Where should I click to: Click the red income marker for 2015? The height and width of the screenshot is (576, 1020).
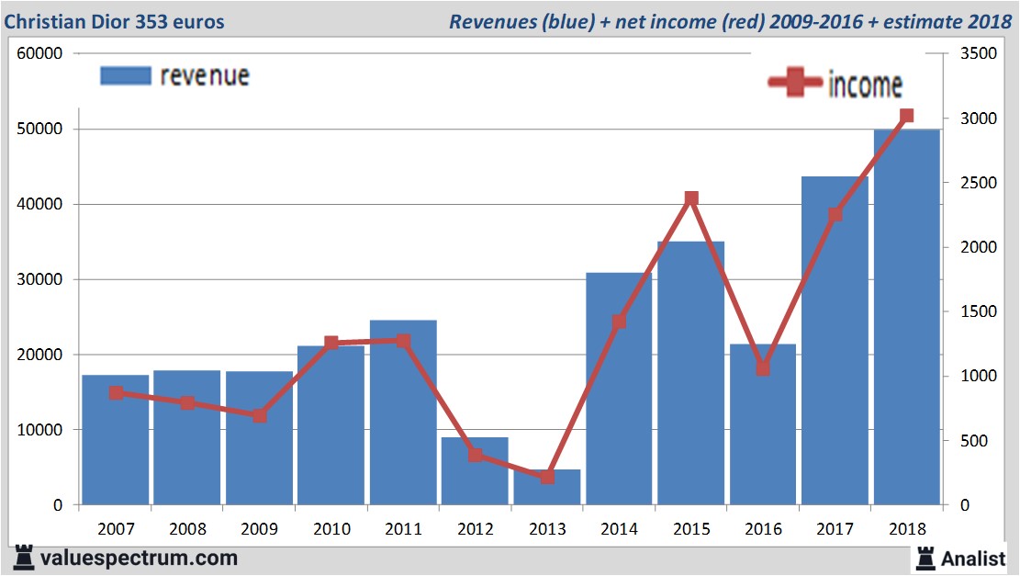pos(691,198)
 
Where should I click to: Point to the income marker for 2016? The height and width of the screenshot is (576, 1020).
pos(763,368)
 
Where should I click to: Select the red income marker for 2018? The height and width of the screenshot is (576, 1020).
pos(906,116)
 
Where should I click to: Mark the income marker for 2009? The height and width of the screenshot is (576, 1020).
pos(260,415)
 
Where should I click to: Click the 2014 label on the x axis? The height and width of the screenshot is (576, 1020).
pos(620,529)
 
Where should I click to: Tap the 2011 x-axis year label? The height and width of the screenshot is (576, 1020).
pos(403,529)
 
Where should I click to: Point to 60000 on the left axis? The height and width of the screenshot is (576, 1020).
pos(39,53)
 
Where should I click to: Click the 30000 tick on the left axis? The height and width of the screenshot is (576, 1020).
pos(39,279)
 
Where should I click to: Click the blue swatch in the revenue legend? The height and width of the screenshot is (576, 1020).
pos(125,76)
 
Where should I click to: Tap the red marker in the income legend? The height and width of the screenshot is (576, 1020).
pos(794,84)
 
